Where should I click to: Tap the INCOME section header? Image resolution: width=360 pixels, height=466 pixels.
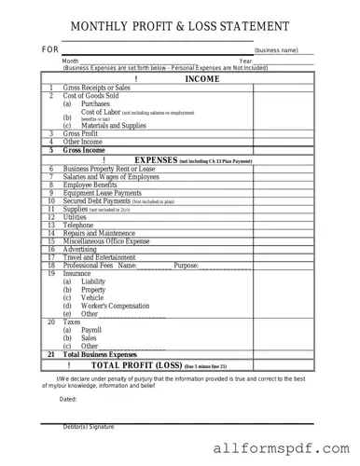point(202,80)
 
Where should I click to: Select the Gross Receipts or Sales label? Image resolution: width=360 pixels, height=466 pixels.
point(97,88)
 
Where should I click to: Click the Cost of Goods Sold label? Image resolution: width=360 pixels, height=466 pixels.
point(90,96)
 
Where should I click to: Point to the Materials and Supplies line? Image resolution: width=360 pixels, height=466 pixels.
point(114,125)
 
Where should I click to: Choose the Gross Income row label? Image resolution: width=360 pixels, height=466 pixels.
point(85,149)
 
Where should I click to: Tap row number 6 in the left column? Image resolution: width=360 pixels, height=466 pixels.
point(50,168)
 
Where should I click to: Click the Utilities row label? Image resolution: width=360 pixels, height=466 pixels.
point(76,216)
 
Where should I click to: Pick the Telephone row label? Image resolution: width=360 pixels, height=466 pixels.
point(79,225)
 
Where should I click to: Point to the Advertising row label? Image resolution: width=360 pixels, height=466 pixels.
point(81,249)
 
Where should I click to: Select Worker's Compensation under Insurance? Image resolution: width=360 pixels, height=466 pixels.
point(117,306)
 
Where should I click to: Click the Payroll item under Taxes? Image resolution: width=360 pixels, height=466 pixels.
point(91,330)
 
